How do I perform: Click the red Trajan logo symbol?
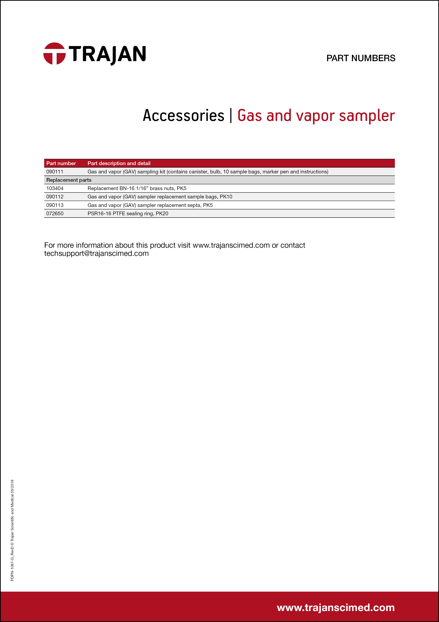(54, 54)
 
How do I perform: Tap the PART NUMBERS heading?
(361, 58)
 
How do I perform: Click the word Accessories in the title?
(183, 115)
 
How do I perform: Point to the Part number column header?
(61, 163)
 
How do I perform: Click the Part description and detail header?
(119, 163)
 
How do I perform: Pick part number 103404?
(55, 188)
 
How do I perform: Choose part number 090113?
(55, 205)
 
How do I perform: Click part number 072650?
(55, 214)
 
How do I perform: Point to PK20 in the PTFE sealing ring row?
(162, 214)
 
